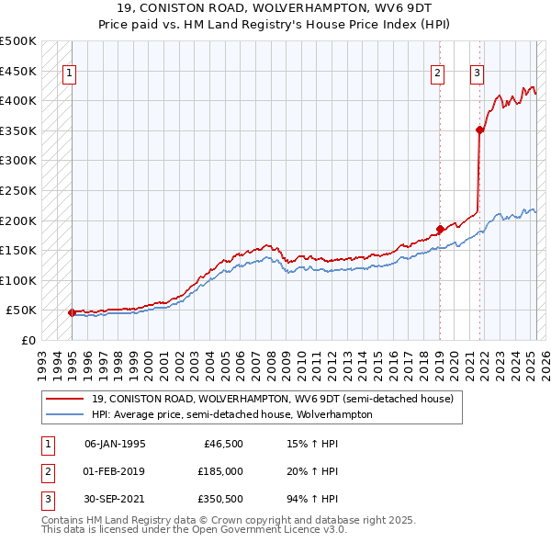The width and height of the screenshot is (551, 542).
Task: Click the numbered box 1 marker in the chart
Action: pyautogui.click(x=70, y=74)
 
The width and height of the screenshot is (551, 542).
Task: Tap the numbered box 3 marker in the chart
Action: pyautogui.click(x=478, y=74)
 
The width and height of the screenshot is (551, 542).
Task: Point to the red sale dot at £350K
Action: pyautogui.click(x=479, y=130)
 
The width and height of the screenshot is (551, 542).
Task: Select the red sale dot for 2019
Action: pyautogui.click(x=440, y=229)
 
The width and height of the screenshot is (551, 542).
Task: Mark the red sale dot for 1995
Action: pyautogui.click(x=72, y=312)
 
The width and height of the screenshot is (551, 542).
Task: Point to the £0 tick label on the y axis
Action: pyautogui.click(x=28, y=340)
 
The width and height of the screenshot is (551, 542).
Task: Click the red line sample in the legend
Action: pyautogui.click(x=66, y=400)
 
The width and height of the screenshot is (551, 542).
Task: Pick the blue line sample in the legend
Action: pyautogui.click(x=66, y=414)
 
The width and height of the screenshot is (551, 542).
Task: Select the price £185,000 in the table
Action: pyautogui.click(x=220, y=471)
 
